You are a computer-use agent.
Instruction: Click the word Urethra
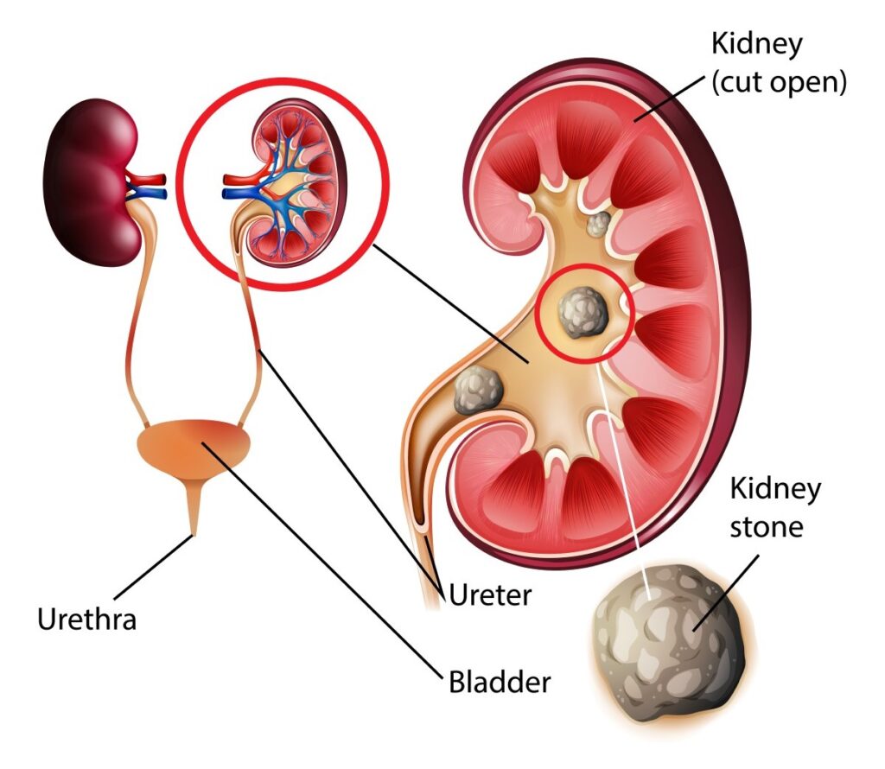coord(86,619)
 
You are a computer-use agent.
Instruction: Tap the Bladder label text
coord(500,682)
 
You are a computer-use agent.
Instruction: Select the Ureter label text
coord(488,594)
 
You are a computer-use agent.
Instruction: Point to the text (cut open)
coord(777,83)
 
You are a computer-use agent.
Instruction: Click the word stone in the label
coord(767,526)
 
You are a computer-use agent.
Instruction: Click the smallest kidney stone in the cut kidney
coord(597,225)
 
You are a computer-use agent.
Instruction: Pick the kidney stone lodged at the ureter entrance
coord(478,390)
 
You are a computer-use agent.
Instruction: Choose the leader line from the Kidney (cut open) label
coord(674,100)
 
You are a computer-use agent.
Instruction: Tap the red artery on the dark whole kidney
coord(147,179)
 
